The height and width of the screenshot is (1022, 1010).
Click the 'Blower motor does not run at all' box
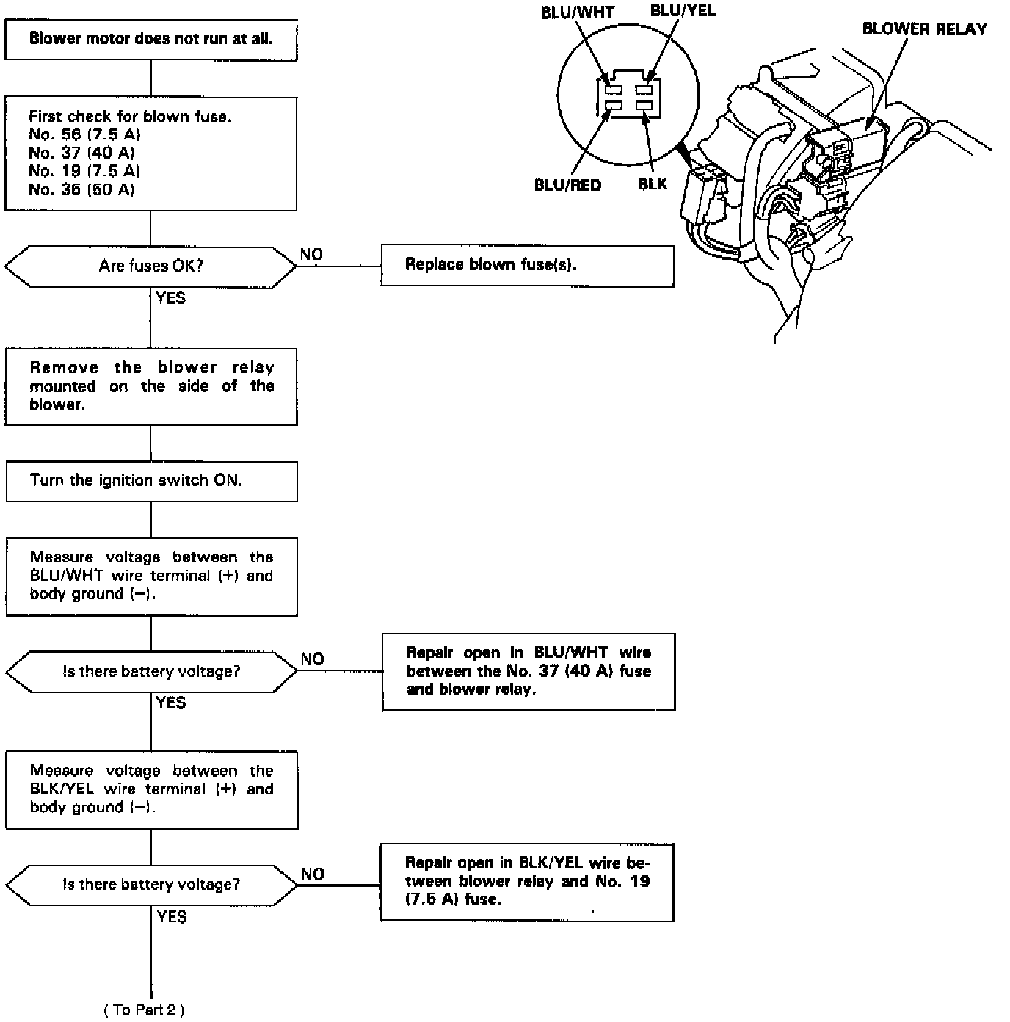150,39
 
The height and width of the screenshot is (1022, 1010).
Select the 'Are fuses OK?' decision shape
150,266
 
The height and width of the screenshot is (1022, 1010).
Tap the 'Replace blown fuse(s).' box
527,265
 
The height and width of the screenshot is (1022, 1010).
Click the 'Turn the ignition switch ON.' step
151,481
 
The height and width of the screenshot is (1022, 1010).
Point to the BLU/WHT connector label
578,12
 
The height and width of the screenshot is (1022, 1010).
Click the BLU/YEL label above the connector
682,10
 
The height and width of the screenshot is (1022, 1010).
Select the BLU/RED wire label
567,185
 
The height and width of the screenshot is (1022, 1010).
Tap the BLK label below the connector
653,184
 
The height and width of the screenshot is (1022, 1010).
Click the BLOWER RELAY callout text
924,29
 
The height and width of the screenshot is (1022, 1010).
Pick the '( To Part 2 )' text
145,1010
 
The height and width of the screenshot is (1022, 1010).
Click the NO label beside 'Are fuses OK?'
311,254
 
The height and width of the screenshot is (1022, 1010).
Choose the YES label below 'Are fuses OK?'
170,297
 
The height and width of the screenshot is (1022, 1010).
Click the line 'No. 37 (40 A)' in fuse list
81,153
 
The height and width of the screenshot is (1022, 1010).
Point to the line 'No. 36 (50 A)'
81,189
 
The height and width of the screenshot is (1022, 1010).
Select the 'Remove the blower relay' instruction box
151,386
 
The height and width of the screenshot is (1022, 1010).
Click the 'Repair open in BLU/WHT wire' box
528,671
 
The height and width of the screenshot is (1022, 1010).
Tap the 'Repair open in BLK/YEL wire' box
527,881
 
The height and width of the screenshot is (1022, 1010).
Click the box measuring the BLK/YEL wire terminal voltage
151,789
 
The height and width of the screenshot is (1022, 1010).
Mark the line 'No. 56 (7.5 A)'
84,134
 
